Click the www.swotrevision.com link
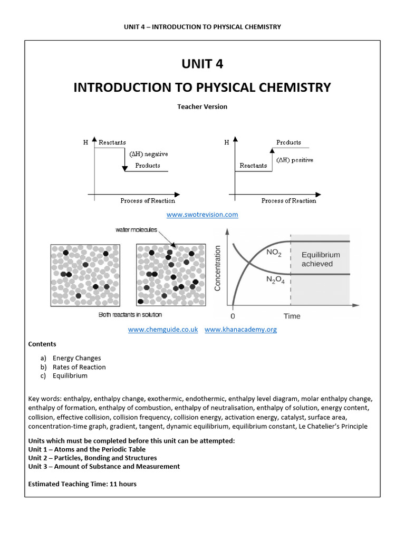click(202, 215)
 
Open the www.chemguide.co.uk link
click(163, 330)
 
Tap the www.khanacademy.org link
click(240, 330)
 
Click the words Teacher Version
click(202, 107)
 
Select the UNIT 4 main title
click(202, 64)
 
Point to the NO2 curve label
click(274, 253)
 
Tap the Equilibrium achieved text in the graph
click(321, 259)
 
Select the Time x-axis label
click(292, 316)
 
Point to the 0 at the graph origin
click(233, 316)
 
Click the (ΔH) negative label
click(149, 154)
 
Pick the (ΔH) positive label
click(295, 160)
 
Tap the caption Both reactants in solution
click(130, 315)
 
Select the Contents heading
click(42, 344)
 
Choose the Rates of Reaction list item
click(79, 367)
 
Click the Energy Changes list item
click(76, 358)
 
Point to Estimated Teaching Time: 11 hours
click(82, 484)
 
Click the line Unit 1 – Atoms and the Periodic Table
click(87, 449)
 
